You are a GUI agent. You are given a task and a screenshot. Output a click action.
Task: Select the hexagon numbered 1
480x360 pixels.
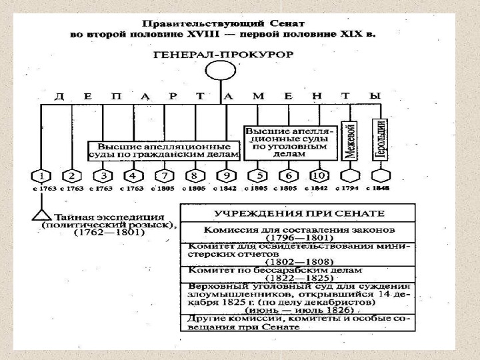41,177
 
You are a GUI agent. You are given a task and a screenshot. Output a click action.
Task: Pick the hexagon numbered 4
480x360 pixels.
133,177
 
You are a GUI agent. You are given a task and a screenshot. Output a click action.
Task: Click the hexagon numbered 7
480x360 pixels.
164,177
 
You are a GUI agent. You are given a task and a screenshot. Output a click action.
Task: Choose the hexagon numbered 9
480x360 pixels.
226,177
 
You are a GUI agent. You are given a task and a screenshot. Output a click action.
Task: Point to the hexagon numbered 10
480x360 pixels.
319,177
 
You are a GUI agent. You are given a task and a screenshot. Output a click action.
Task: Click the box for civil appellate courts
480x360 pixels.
163,151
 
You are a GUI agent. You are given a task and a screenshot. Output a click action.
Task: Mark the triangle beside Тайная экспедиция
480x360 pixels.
41,215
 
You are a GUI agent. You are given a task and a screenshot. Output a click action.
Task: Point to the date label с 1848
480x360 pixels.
381,189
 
